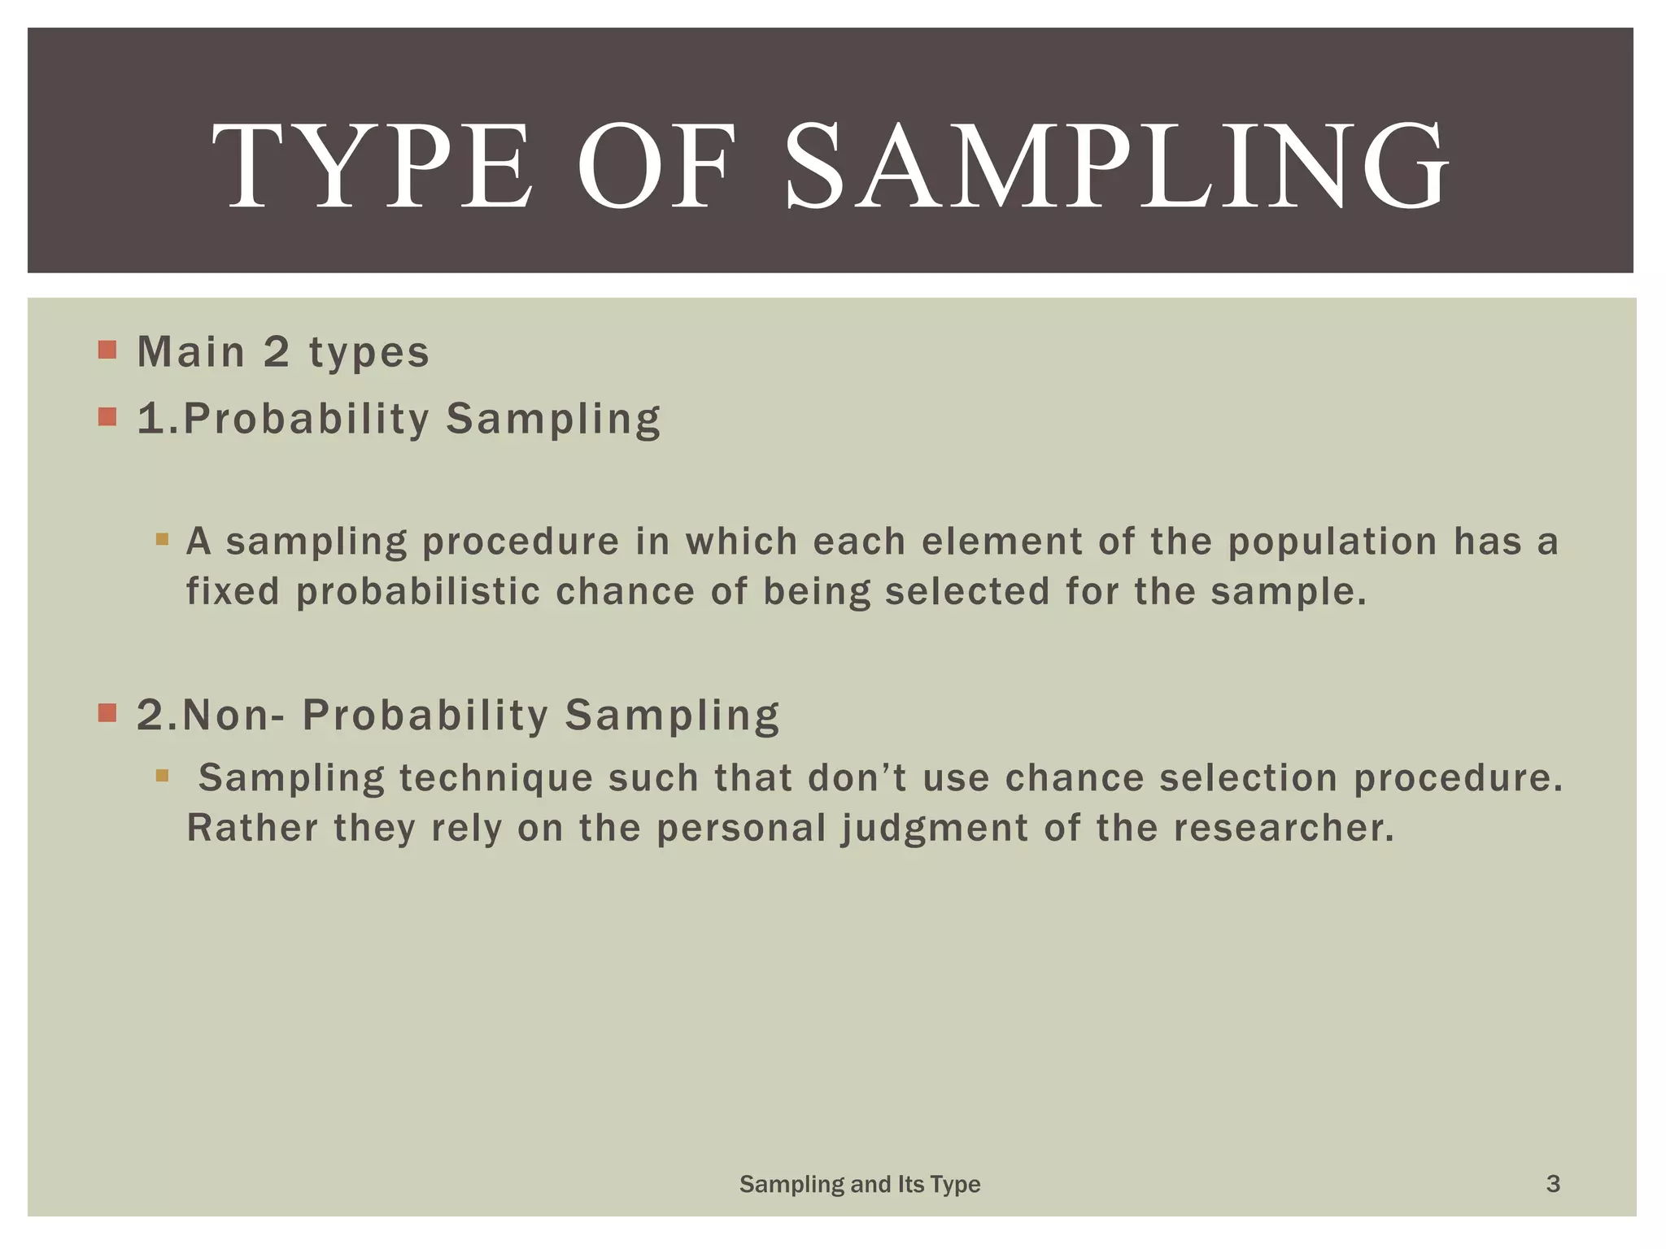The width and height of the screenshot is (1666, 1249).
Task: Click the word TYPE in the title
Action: (x=372, y=167)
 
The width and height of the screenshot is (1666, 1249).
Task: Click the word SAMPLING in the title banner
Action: (x=1116, y=167)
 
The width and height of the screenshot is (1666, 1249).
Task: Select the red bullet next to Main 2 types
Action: (x=107, y=350)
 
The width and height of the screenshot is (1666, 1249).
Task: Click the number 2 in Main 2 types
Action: (x=277, y=352)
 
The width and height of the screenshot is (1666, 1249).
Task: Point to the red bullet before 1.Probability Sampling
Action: (x=107, y=417)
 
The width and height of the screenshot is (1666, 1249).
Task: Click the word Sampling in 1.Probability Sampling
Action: (x=553, y=420)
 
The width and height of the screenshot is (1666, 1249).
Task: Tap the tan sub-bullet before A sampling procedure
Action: (x=162, y=539)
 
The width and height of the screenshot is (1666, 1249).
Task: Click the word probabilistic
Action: (x=417, y=592)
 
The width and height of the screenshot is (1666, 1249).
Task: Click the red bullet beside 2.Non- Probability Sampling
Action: (x=107, y=713)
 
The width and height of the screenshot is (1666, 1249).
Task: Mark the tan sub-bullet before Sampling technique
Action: (x=162, y=776)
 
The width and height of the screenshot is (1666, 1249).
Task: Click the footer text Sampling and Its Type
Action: (x=859, y=1185)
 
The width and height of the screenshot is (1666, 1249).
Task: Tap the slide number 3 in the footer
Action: (x=1552, y=1184)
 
